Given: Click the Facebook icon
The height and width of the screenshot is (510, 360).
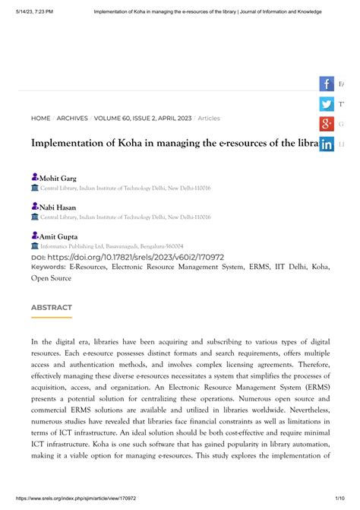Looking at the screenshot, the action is tap(327, 84).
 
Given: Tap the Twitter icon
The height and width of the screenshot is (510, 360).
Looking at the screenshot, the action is tap(327, 104).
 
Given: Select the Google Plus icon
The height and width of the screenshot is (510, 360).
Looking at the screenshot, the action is tap(327, 124).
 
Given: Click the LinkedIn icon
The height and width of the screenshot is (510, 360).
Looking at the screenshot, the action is tap(327, 144).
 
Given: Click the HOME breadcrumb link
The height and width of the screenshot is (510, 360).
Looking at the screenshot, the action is tap(40, 119).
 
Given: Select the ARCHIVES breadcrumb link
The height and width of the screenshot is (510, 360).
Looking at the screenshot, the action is tap(72, 119).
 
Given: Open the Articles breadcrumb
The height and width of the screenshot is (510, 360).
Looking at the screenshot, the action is tap(208, 119).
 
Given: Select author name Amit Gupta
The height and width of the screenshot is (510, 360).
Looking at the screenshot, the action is tap(58, 237).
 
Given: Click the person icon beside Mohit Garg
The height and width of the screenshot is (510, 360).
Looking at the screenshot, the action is tap(34, 177).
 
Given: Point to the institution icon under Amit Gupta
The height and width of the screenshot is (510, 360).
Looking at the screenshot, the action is tap(34, 246).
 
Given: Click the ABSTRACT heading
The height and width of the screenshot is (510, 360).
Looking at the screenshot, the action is tap(51, 308).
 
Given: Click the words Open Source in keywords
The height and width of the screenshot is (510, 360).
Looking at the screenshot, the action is tap(51, 278).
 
